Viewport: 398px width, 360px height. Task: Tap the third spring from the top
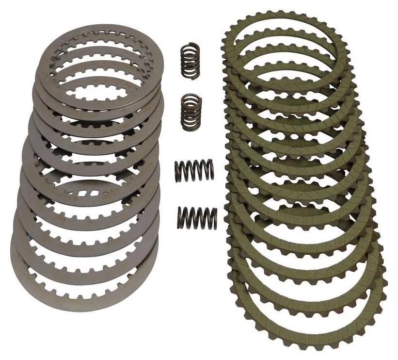[194, 172]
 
